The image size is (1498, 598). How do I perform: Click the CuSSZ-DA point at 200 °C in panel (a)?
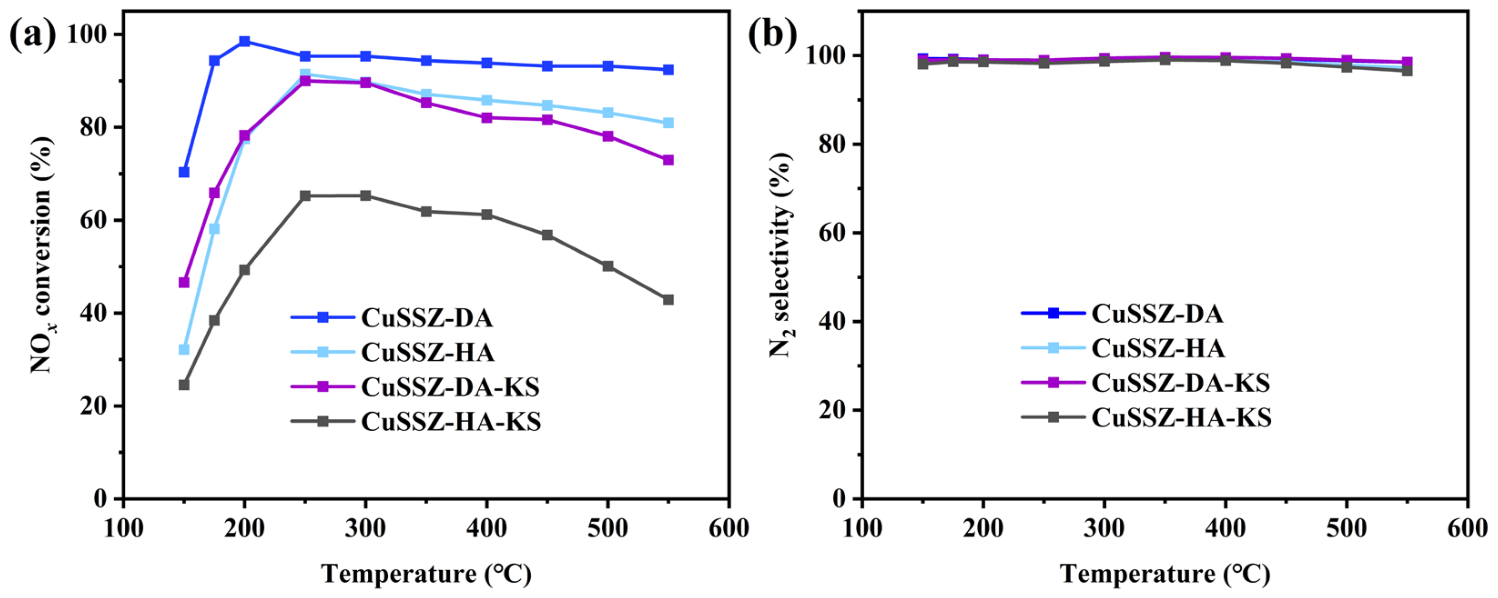(x=244, y=41)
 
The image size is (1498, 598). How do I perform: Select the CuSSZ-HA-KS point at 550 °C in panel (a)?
(x=668, y=299)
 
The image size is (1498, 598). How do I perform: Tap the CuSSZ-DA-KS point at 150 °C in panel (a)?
(x=184, y=282)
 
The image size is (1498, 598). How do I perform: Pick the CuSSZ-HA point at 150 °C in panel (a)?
(x=184, y=349)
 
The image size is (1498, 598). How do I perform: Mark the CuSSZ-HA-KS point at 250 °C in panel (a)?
(x=305, y=196)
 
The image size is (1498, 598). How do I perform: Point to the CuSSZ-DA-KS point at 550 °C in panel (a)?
(x=668, y=160)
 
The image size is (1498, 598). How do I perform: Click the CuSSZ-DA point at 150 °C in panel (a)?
(x=184, y=172)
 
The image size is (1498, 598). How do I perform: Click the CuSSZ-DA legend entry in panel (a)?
(x=392, y=317)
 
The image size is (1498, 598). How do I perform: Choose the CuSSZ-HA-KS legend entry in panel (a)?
(x=416, y=422)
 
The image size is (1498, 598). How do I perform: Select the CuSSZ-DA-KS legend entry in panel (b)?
(x=1146, y=382)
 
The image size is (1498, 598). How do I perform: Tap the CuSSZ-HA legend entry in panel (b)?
(x=1123, y=348)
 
